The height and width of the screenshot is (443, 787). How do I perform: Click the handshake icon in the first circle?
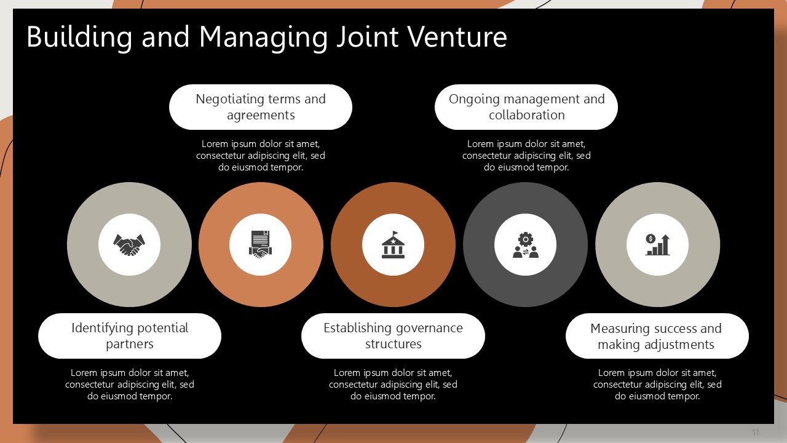click(129, 245)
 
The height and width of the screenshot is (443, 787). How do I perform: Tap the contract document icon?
click(260, 245)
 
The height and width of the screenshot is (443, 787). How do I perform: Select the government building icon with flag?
click(393, 245)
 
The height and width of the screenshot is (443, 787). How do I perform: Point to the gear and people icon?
click(526, 245)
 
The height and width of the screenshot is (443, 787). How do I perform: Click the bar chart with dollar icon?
click(657, 245)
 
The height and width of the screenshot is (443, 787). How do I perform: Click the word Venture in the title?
click(457, 36)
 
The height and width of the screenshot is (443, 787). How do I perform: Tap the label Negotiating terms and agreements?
click(261, 107)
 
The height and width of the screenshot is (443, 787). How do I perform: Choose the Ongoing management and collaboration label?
click(527, 107)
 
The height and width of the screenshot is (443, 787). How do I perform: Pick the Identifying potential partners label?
click(130, 336)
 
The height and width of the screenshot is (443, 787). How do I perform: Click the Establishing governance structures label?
click(393, 336)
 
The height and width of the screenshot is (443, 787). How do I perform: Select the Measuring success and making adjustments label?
click(656, 337)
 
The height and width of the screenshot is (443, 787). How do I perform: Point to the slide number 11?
click(756, 432)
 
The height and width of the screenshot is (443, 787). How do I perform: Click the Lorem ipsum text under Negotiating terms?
click(261, 156)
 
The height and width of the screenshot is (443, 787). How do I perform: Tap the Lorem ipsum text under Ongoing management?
click(526, 156)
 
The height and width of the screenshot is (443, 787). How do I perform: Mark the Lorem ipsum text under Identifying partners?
click(130, 385)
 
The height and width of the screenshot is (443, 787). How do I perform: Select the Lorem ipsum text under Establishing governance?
click(393, 385)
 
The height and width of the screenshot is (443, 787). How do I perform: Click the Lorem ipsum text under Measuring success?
click(657, 385)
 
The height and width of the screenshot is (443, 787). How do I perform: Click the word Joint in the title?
click(368, 36)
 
